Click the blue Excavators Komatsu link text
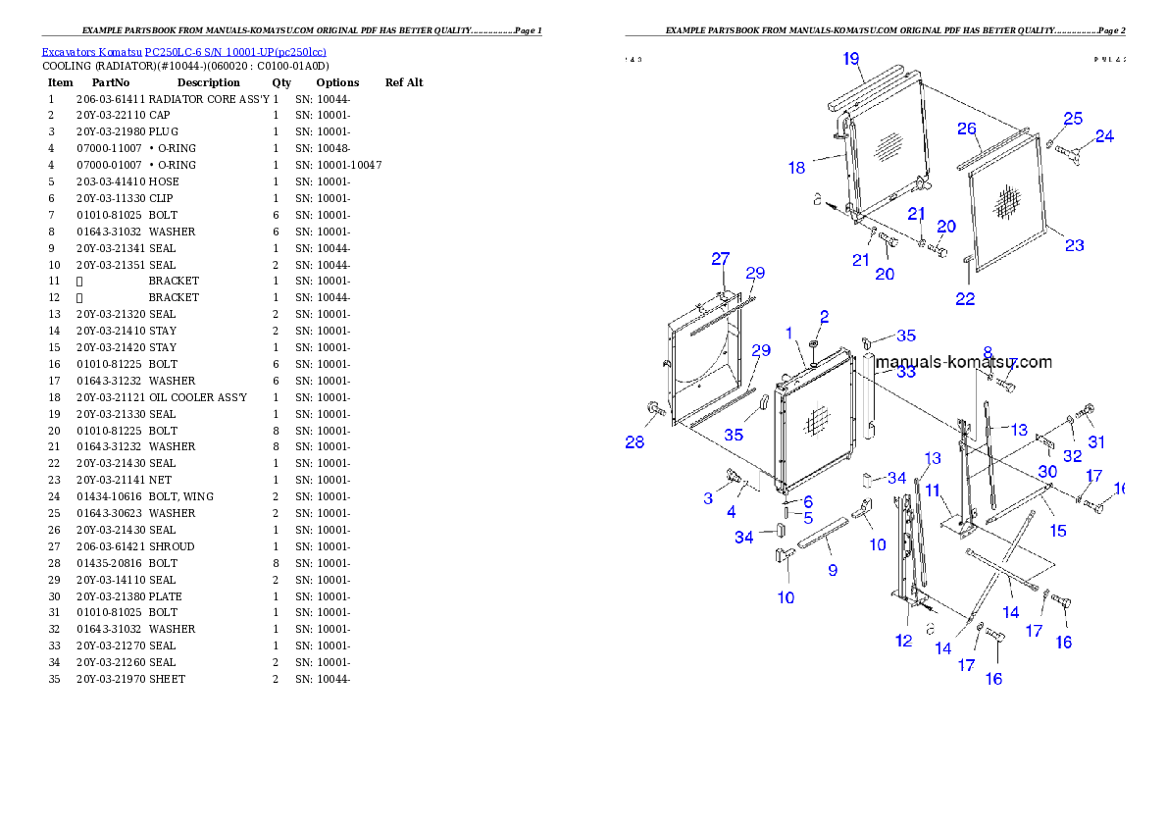183,52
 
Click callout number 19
851,59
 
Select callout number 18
796,168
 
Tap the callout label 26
967,129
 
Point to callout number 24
1104,136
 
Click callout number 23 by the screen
1075,245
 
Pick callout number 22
965,299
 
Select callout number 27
721,259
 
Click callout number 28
635,442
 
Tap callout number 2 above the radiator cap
824,317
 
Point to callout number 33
906,373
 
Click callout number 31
1096,441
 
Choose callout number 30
1048,472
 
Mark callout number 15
1058,531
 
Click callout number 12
903,642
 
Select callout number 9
833,570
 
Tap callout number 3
708,498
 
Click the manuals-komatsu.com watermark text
963,362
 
